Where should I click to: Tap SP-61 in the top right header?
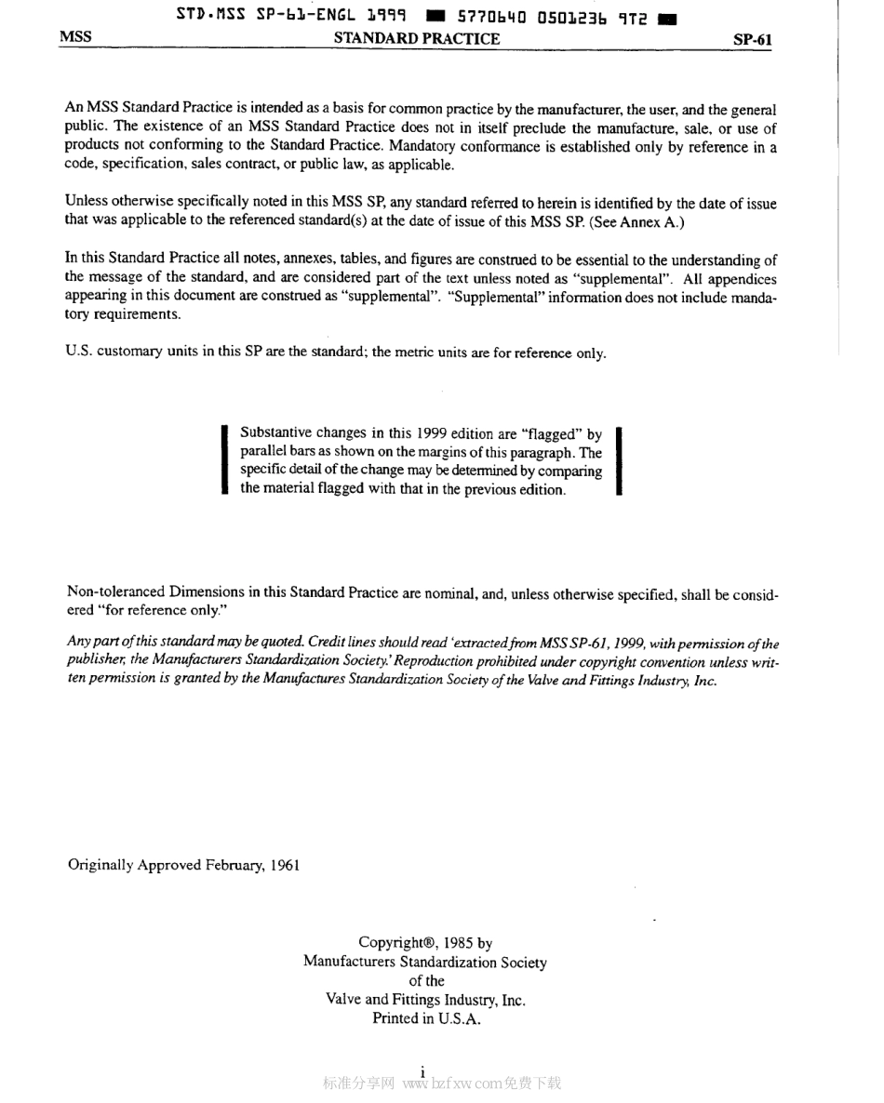point(752,40)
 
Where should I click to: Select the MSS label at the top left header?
point(75,38)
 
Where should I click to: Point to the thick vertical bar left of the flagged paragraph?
point(224,461)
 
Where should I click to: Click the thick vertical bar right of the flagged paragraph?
point(619,461)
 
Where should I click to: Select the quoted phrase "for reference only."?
point(159,610)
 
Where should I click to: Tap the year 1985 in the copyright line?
point(450,943)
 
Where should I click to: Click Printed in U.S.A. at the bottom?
point(425,1018)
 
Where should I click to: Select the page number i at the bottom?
point(422,1071)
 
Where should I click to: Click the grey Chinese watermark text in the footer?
point(358,1083)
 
